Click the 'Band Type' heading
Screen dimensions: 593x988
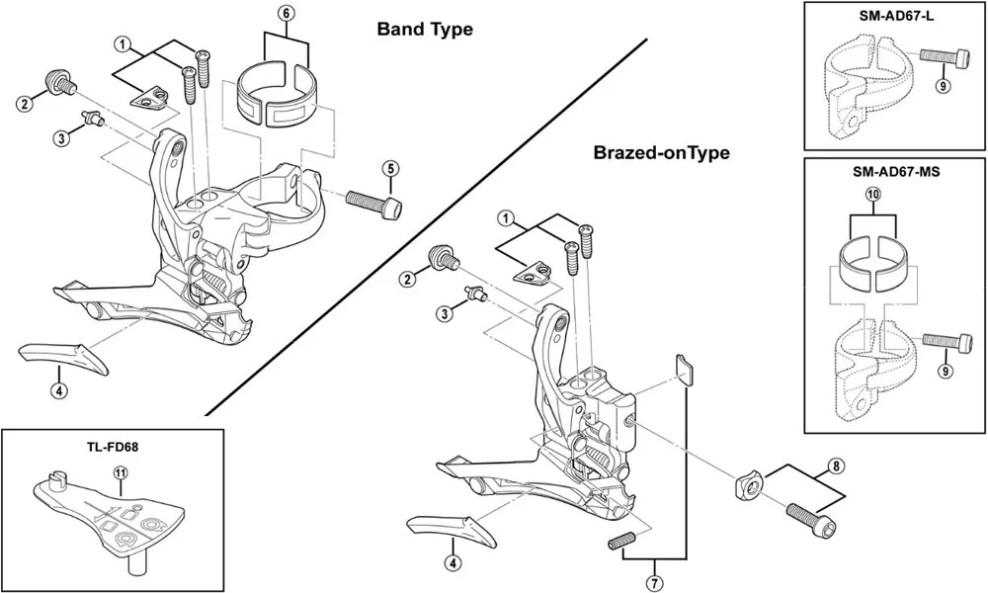click(425, 30)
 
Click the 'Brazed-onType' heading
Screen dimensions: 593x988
click(661, 153)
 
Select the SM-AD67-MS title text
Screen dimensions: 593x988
click(895, 171)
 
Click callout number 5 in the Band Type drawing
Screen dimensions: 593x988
click(390, 167)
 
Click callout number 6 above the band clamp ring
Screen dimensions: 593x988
click(286, 14)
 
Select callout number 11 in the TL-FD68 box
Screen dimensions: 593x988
click(120, 473)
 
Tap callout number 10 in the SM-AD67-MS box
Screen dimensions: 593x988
click(872, 196)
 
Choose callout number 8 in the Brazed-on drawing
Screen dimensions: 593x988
click(836, 466)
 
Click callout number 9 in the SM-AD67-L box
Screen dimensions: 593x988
click(943, 86)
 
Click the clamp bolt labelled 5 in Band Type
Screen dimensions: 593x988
click(375, 202)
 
